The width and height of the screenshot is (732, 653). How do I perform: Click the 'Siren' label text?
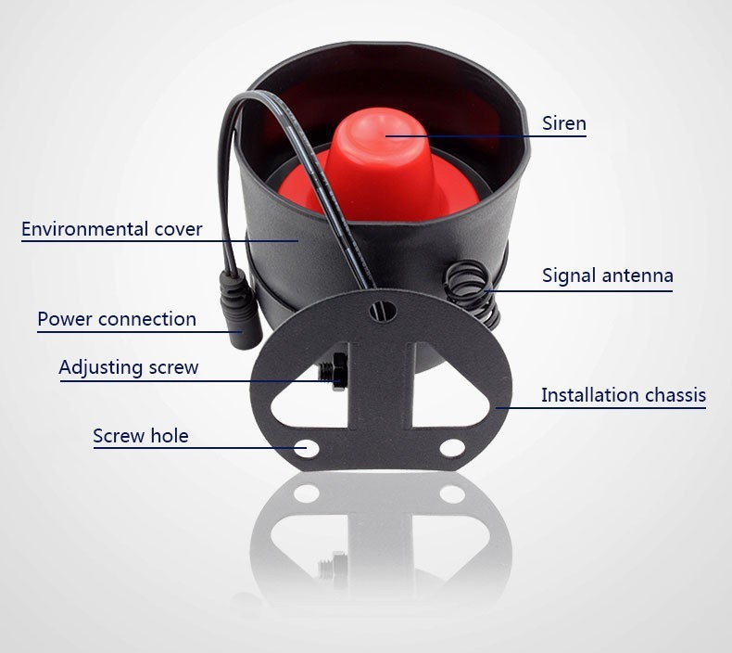tap(564, 123)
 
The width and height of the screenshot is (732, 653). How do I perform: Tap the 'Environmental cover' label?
tap(112, 229)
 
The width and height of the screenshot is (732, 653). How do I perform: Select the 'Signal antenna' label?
tap(607, 275)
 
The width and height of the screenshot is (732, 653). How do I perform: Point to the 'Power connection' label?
tap(117, 319)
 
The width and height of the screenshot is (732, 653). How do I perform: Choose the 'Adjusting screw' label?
tap(129, 367)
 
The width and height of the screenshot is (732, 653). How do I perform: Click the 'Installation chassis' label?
tap(624, 395)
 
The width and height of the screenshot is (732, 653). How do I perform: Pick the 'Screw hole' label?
tap(141, 436)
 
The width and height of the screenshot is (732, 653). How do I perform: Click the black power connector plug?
tap(238, 310)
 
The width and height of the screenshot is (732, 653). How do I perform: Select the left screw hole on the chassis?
tap(307, 449)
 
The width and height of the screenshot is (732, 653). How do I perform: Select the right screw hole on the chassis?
tap(452, 448)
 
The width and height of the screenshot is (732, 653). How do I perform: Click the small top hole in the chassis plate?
tap(383, 311)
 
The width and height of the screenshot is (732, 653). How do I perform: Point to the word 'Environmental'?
tap(85, 229)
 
